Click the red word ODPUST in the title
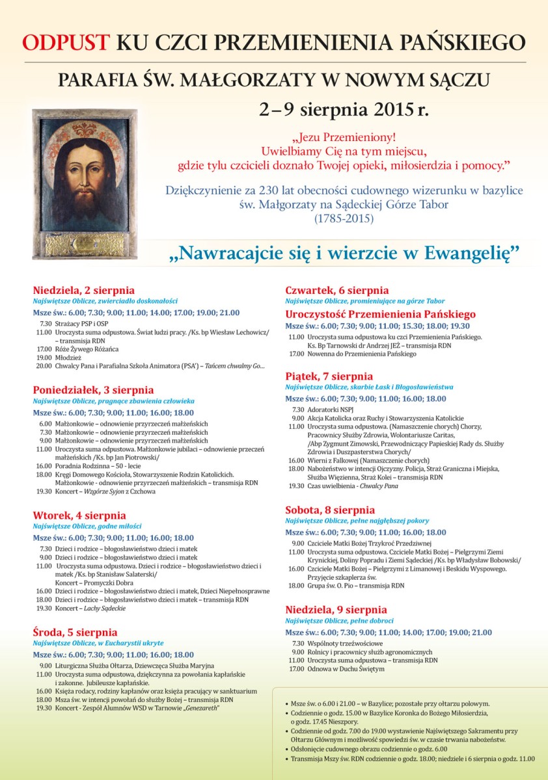(66, 42)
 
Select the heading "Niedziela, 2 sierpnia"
(84, 291)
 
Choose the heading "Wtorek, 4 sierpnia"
(79, 515)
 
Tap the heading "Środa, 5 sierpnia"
(75, 632)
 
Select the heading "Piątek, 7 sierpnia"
(329, 376)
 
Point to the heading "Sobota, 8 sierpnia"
(330, 510)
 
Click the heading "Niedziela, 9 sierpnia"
(336, 610)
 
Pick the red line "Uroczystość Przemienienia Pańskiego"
(381, 314)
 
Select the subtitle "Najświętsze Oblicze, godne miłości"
(87, 526)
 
